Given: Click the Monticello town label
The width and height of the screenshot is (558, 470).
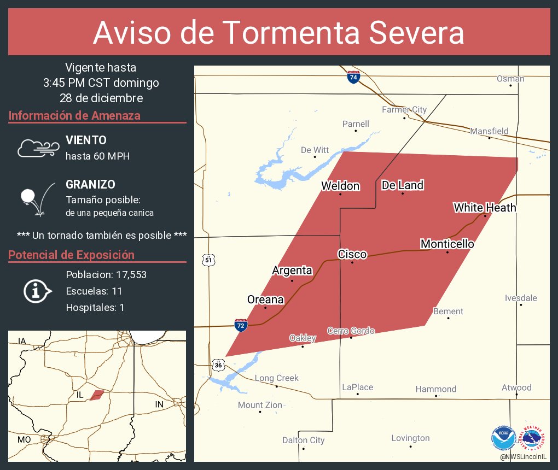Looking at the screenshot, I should click(447, 244).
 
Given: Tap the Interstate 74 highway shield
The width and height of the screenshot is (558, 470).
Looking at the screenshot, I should click(353, 78).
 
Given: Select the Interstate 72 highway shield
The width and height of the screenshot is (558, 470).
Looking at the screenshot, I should click(241, 325).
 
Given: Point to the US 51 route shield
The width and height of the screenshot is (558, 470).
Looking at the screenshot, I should click(208, 260).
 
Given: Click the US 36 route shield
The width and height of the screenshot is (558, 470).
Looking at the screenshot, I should click(218, 364).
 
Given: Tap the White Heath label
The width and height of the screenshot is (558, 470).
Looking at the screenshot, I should click(484, 208).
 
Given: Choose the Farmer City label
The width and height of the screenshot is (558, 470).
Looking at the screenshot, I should click(404, 110).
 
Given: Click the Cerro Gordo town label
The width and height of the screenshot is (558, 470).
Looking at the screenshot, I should click(351, 331).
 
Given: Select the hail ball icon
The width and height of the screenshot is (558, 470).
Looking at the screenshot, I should click(28, 196).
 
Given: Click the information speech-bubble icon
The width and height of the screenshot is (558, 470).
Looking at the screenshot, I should click(37, 291).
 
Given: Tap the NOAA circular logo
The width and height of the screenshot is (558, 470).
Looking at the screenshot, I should click(503, 438).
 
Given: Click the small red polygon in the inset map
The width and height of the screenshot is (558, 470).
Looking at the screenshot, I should click(97, 395).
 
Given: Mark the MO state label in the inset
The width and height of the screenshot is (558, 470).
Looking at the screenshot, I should click(24, 439).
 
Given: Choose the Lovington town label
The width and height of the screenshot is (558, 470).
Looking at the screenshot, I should click(410, 438).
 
